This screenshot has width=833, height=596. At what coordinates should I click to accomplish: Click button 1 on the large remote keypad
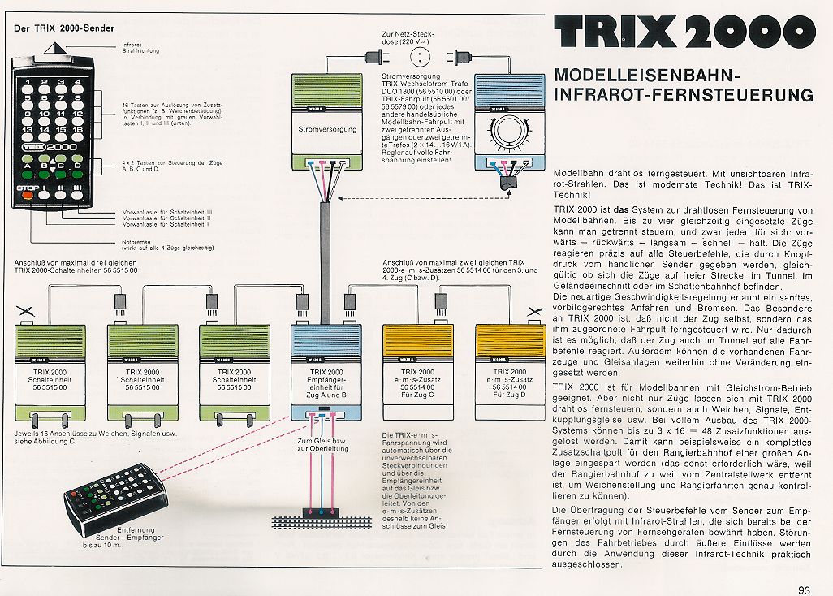pyautogui.click(x=27, y=83)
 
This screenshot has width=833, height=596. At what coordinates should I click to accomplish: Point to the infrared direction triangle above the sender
pyautogui.click(x=54, y=45)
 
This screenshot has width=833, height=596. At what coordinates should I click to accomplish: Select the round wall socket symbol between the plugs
pyautogui.click(x=420, y=56)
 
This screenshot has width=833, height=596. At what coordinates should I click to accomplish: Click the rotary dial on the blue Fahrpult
pyautogui.click(x=513, y=130)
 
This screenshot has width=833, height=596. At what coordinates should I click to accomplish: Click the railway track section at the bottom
pyautogui.click(x=325, y=513)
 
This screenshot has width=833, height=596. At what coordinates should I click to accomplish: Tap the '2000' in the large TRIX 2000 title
pyautogui.click(x=747, y=33)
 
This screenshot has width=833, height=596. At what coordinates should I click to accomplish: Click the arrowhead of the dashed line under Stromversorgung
pyautogui.click(x=341, y=199)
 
